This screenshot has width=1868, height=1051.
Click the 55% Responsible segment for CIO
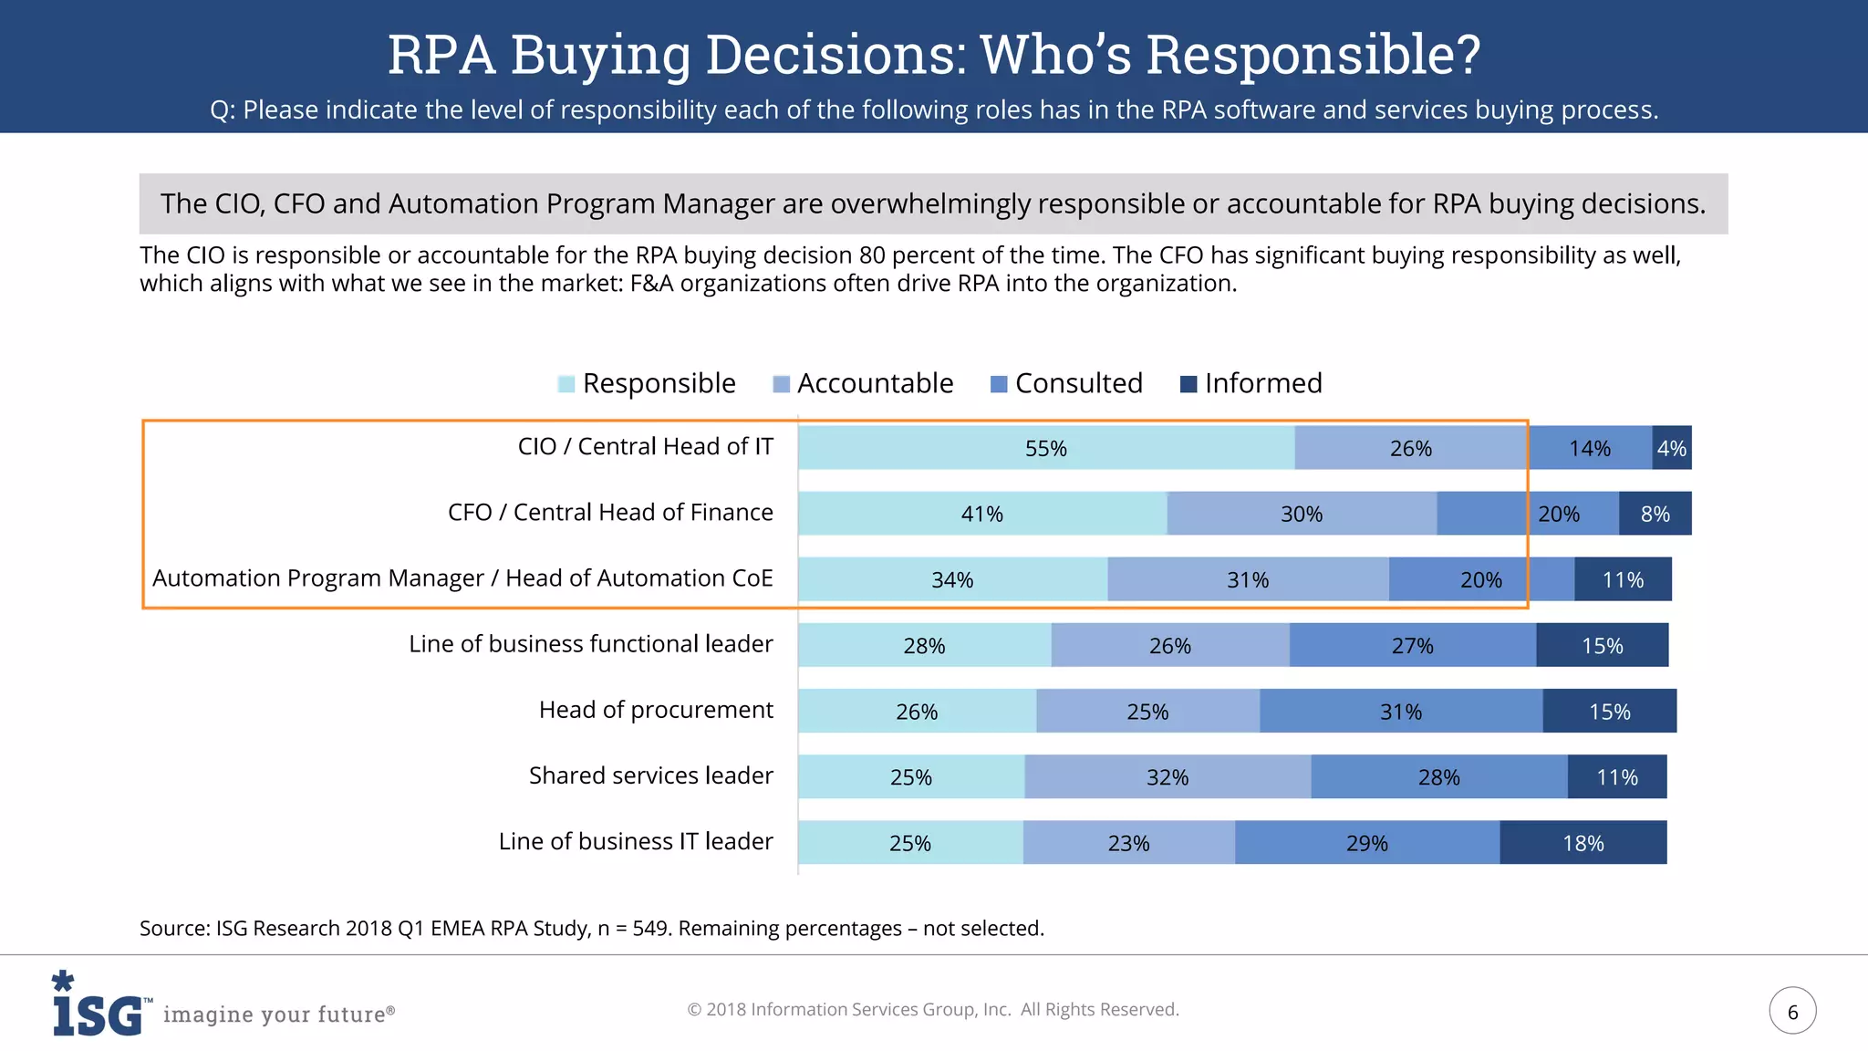click(1045, 448)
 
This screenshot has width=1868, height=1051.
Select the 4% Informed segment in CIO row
click(1671, 448)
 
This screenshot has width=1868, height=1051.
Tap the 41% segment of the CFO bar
click(981, 514)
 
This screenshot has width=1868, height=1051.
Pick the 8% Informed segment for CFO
click(1655, 514)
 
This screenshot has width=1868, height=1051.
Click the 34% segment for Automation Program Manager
click(952, 579)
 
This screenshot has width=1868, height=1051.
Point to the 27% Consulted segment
click(1412, 645)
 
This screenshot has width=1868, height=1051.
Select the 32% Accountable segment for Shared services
click(1167, 777)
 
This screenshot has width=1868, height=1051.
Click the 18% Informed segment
click(1583, 843)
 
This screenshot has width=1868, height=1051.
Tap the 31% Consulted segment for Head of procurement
click(1400, 712)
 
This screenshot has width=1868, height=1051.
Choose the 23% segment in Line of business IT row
click(1128, 843)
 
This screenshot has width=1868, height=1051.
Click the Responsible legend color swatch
click(566, 384)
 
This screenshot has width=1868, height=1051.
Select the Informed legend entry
click(1262, 383)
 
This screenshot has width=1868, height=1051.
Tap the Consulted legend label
click(1078, 383)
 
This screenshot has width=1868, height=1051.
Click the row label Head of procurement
click(655, 710)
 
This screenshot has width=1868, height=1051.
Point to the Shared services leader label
click(650, 775)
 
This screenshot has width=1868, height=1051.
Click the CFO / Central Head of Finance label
click(609, 513)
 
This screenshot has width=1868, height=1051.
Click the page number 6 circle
click(1792, 1011)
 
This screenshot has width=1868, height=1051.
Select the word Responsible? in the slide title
click(1313, 54)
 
